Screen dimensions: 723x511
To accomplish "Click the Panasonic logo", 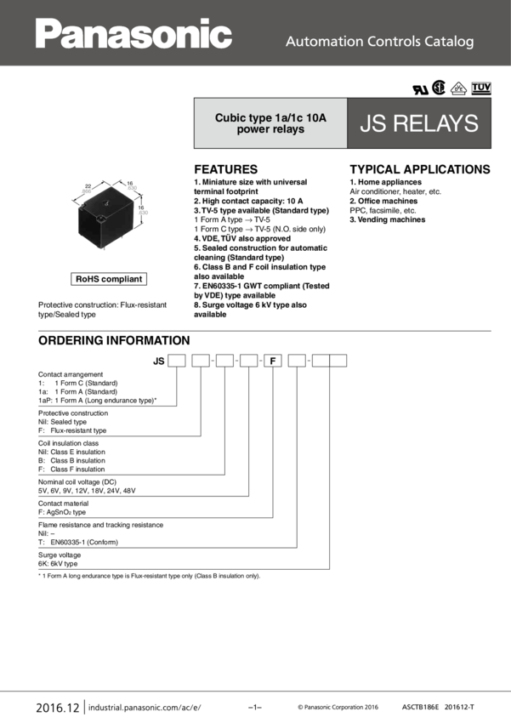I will coord(133,35).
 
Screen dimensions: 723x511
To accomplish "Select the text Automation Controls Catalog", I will coord(379,41).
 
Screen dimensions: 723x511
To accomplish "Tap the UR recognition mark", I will coord(419,88).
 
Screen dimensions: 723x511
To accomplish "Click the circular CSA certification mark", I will coord(439,88).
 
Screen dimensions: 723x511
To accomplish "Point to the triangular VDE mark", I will coord(459,88).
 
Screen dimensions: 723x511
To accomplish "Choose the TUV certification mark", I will coord(481,88).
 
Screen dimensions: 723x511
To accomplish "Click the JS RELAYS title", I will coord(419,124).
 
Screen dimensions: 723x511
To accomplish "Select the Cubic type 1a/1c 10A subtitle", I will coord(270,124).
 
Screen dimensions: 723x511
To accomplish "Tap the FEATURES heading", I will coord(225,169).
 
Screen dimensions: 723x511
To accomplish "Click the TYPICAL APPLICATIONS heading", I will coord(420,169).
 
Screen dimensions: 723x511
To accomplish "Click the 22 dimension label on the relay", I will coord(88,185).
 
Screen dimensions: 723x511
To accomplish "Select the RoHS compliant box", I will coord(109,279).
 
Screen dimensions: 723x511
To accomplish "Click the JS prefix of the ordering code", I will coord(158,361).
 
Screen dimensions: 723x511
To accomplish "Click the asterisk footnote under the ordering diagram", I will coord(149,576).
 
